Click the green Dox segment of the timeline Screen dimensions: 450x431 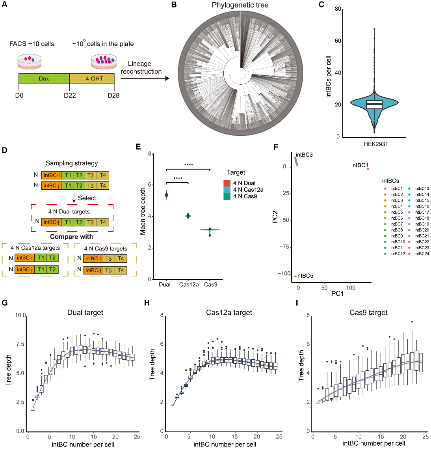tap(44, 78)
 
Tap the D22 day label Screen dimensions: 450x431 tap(70, 95)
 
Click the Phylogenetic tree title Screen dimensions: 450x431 tap(240, 5)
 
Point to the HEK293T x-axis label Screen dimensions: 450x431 tap(376, 144)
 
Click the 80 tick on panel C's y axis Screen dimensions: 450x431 tap(338, 9)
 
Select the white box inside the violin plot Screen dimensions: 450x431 tap(374, 105)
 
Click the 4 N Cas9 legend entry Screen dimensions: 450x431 tap(245, 196)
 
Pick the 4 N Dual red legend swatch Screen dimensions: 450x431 tap(227, 183)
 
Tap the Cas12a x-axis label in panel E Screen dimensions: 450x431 tap(189, 284)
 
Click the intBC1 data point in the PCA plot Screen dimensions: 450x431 tap(368, 169)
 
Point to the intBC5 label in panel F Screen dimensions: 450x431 tap(305, 276)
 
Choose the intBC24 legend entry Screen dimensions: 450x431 tap(422, 254)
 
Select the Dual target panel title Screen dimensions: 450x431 tap(85, 313)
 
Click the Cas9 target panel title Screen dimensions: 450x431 tap(368, 313)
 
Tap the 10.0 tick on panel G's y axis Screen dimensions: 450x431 tap(20, 316)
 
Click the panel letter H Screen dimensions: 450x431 tap(147, 303)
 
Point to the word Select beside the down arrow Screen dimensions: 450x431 tap(87, 198)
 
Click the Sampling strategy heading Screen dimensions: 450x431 tap(72, 163)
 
